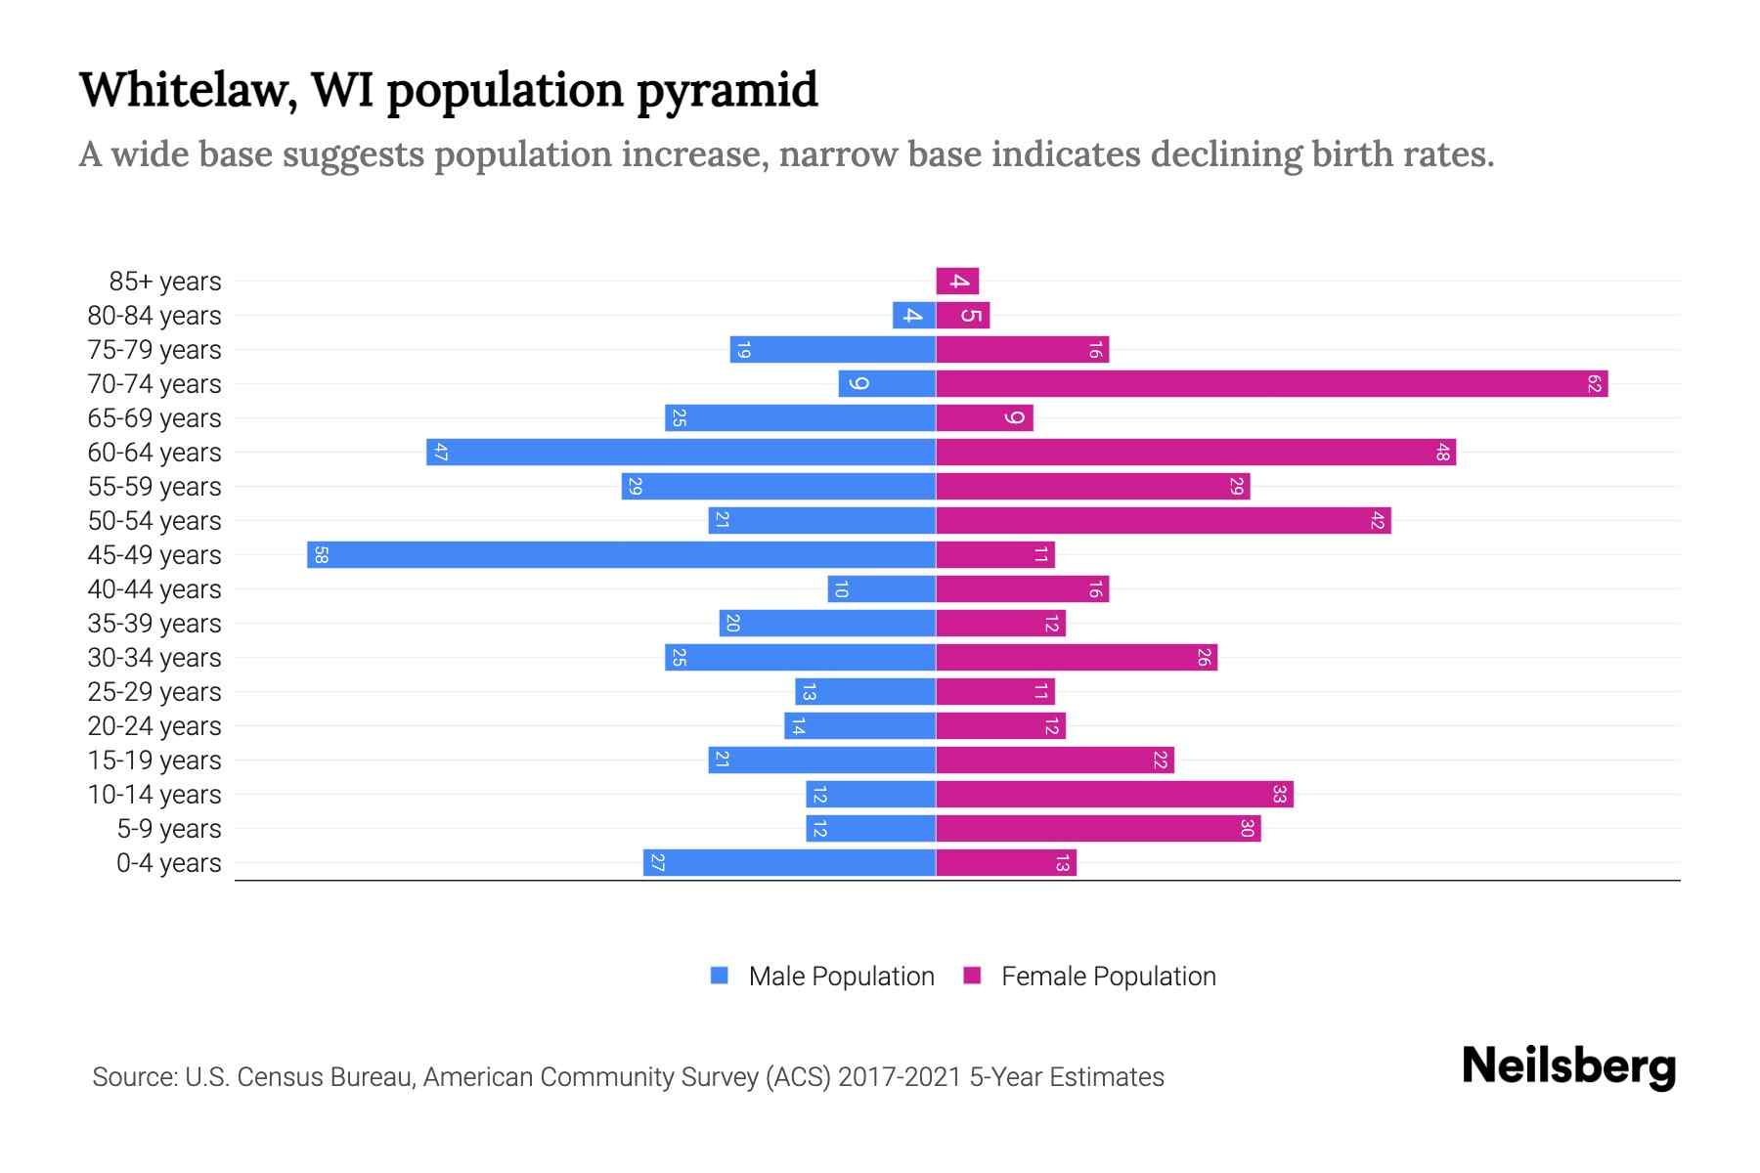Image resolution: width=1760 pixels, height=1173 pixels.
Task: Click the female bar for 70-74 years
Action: (x=1271, y=384)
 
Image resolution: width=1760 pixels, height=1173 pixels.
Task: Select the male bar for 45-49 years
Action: (x=622, y=555)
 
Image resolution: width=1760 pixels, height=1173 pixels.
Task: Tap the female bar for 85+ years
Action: (x=957, y=282)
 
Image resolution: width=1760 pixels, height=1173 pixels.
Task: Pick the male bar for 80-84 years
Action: (x=914, y=316)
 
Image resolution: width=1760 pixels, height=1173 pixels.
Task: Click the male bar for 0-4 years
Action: (x=790, y=863)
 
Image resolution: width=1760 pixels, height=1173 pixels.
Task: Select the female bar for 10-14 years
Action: (x=1115, y=795)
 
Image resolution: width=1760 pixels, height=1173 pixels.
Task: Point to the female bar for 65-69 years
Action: (x=985, y=418)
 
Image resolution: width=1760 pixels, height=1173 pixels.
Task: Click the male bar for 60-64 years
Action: (x=682, y=453)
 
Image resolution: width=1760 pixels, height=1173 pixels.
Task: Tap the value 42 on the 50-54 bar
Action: (x=1377, y=521)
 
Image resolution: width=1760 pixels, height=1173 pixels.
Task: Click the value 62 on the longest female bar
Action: (x=1594, y=384)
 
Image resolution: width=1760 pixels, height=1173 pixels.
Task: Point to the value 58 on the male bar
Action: (x=321, y=555)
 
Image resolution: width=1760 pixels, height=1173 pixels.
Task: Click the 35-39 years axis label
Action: (x=154, y=624)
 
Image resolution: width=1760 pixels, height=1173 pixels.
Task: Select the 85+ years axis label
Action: (x=165, y=282)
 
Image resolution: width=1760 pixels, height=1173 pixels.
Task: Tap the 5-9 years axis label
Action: (x=169, y=829)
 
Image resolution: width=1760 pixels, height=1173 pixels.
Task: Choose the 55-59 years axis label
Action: (x=154, y=487)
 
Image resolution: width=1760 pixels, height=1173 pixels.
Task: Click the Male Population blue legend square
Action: (x=720, y=976)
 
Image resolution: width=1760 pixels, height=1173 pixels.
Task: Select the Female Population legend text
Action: (x=1108, y=976)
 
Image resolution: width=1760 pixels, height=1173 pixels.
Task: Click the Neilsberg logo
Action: (x=1568, y=1065)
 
